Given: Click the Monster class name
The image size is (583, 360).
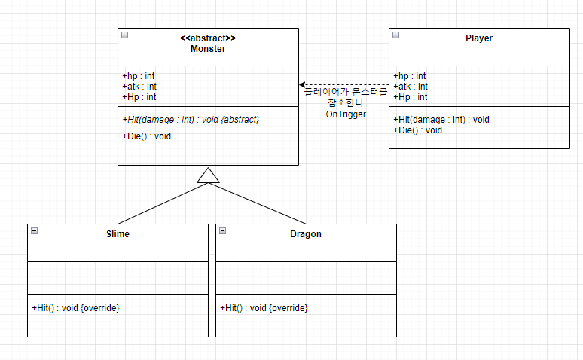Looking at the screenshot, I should tap(208, 49).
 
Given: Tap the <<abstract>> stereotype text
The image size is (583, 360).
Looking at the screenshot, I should tap(208, 38).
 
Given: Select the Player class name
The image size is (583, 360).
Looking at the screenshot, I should tap(478, 38).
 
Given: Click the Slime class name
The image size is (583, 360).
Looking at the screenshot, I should tap(118, 233).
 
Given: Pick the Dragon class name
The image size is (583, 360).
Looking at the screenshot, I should tap(306, 233).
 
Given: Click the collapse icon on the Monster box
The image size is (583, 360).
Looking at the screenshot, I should tap(124, 35).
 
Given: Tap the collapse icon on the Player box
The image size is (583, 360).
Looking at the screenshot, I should tap(395, 35).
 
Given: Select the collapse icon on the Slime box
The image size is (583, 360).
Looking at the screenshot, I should tap(34, 230).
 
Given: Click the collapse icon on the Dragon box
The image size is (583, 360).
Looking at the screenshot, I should tap(222, 230).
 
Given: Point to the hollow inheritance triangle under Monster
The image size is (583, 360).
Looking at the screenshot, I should tap(208, 175).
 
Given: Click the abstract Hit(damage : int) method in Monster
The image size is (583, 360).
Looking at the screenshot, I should tap(195, 120).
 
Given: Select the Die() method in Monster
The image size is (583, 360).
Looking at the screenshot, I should tap(146, 136).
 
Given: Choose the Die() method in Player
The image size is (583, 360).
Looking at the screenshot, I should tap(417, 130).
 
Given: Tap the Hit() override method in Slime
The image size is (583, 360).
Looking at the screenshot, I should tap(75, 307).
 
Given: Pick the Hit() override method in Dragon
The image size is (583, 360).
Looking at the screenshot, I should tap(264, 307).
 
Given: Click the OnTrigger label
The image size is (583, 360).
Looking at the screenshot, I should tap(346, 114).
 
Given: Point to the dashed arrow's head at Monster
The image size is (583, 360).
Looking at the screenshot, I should tap(302, 85).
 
